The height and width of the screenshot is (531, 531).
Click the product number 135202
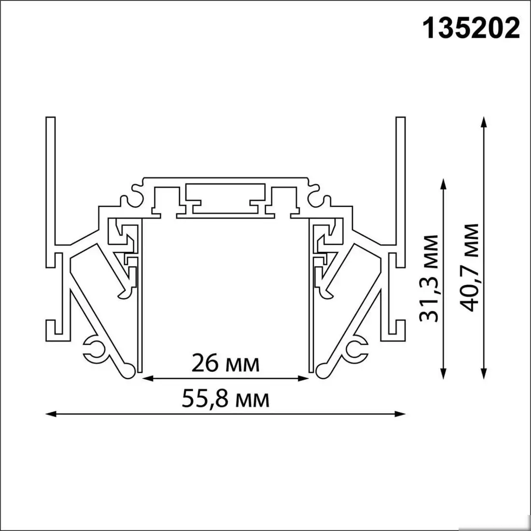point(472,29)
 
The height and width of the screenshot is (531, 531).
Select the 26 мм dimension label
point(225,363)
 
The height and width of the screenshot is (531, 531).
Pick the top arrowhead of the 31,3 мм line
point(443,182)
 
